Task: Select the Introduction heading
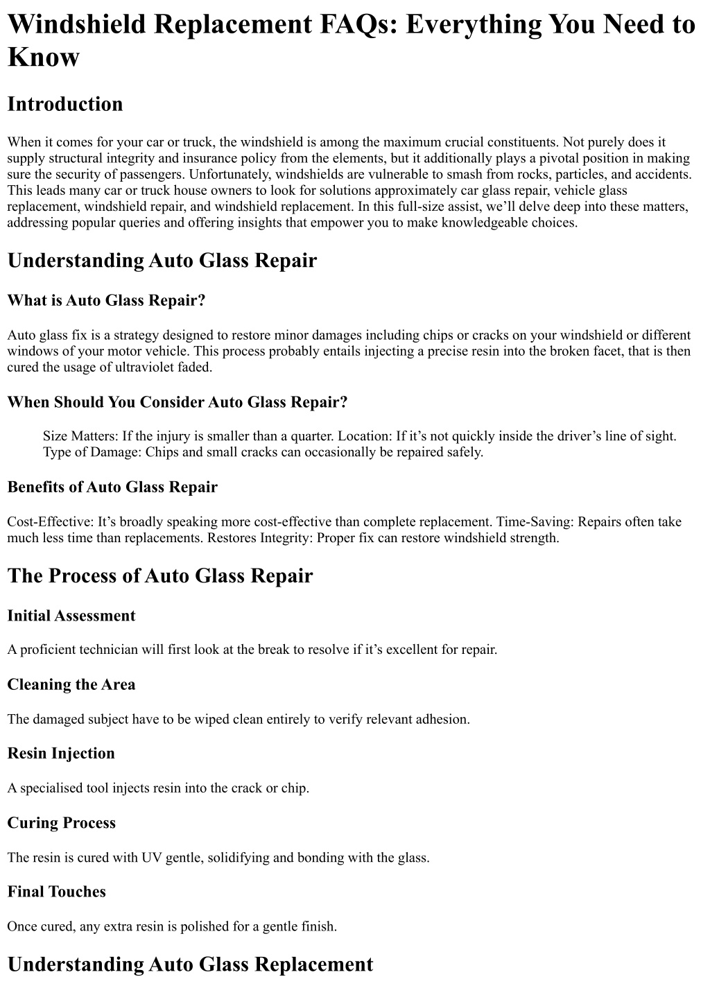(x=64, y=104)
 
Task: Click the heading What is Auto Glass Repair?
(x=107, y=300)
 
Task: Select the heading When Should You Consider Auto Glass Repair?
(x=177, y=402)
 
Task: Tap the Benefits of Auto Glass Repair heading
(x=112, y=487)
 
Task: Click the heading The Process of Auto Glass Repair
(x=160, y=576)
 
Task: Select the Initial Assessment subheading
(x=71, y=616)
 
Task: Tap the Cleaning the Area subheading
(x=71, y=684)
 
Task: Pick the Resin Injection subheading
(x=61, y=753)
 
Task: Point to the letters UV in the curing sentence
(x=151, y=857)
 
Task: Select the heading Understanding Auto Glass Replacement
(x=190, y=964)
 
